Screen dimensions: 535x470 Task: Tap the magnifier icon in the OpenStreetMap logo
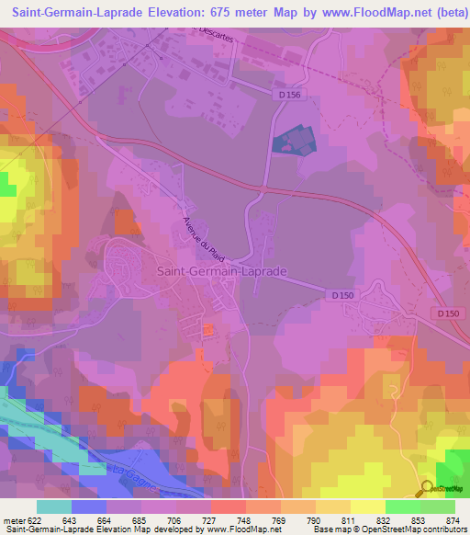(426, 488)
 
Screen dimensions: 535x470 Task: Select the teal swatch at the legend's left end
(54, 507)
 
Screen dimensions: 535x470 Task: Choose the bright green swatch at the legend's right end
(438, 507)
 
